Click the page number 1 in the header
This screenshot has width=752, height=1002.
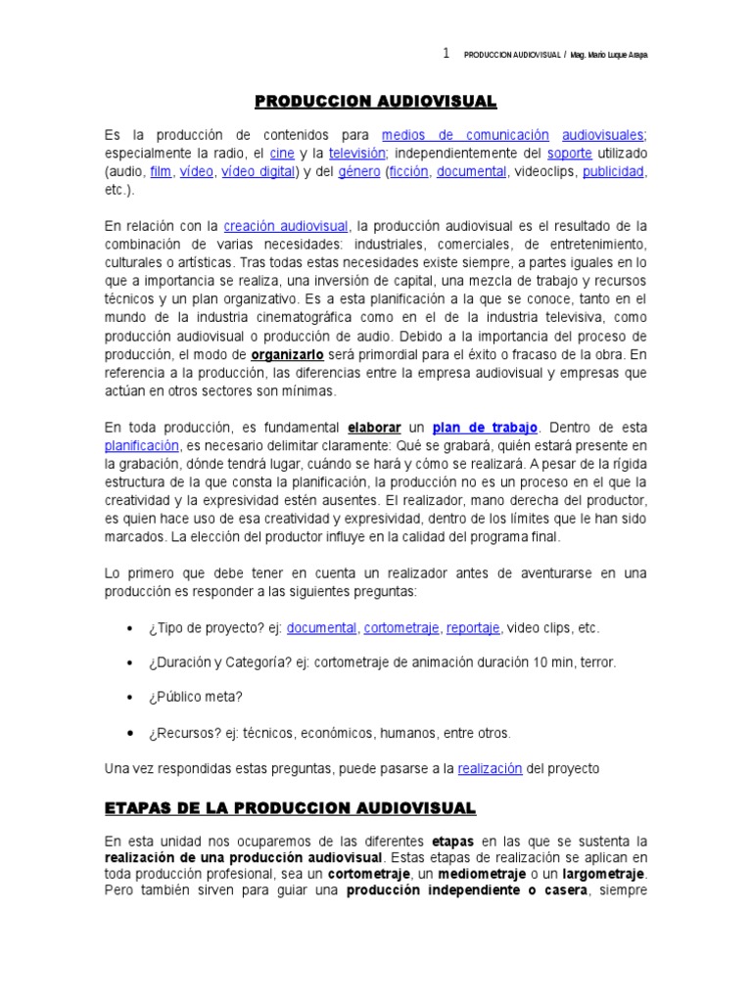[446, 54]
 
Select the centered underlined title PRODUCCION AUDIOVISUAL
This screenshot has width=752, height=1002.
[376, 102]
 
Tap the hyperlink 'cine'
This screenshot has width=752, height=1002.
[282, 154]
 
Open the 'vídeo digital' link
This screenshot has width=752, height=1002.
[258, 171]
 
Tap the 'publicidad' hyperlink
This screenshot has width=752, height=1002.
[613, 171]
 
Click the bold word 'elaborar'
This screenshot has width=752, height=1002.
[373, 428]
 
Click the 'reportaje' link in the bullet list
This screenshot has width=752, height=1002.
[473, 627]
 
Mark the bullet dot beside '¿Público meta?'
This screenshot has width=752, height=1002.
[130, 698]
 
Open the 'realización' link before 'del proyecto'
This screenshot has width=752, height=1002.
[490, 769]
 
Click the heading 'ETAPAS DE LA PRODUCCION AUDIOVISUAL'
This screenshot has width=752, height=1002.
[290, 807]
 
